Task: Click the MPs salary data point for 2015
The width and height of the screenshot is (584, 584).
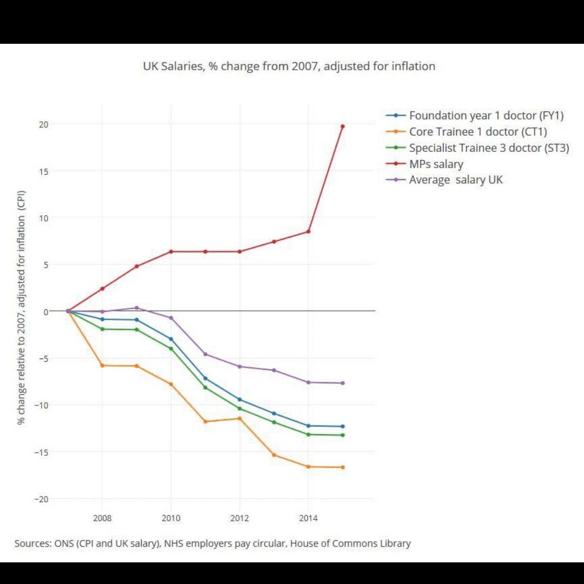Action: (342, 126)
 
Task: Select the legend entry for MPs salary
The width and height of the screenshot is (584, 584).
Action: (436, 164)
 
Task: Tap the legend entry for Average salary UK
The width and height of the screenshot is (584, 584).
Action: (455, 180)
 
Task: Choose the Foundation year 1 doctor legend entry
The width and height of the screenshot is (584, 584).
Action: (486, 116)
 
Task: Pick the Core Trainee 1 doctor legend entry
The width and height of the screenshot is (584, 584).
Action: (478, 132)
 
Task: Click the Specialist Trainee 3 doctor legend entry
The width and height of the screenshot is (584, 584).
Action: (489, 148)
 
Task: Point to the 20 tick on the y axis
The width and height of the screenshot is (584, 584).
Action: (43, 124)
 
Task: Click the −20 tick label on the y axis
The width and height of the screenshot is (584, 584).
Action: (41, 499)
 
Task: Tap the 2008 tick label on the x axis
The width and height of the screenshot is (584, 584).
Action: (102, 519)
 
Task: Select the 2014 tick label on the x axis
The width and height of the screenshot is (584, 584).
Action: (308, 519)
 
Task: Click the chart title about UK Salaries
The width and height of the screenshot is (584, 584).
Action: (289, 67)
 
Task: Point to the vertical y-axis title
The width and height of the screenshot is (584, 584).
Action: (22, 307)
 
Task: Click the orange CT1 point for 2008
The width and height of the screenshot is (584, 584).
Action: (102, 366)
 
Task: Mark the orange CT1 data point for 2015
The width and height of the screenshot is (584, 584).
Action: (342, 467)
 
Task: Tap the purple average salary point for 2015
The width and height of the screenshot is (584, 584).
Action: (342, 383)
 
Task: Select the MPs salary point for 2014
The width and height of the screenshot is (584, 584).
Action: (308, 231)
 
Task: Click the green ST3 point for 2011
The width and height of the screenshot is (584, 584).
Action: (205, 388)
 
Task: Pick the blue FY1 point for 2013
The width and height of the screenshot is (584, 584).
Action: (274, 413)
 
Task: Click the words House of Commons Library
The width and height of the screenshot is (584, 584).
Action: (350, 543)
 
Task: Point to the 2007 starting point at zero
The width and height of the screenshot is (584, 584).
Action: (68, 311)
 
